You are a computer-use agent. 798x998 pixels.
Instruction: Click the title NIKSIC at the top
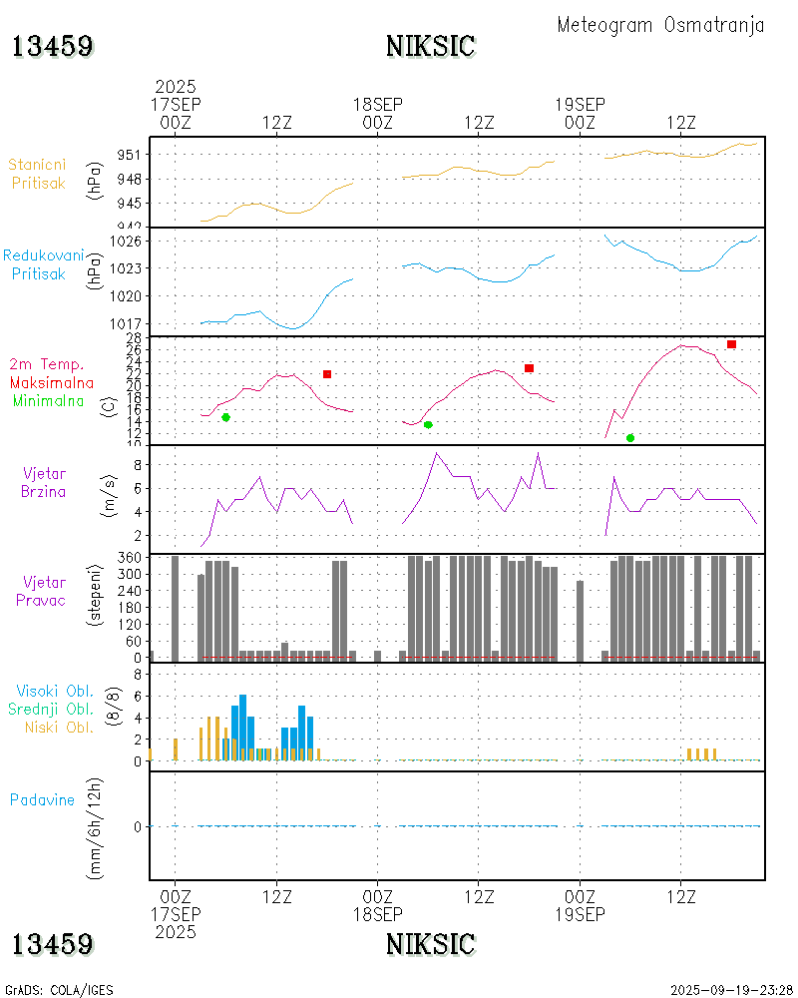tap(430, 46)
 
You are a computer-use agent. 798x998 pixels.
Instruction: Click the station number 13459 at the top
tap(53, 46)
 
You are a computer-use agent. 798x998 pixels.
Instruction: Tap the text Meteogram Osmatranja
tap(660, 25)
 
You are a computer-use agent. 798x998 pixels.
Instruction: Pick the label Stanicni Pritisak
tap(38, 174)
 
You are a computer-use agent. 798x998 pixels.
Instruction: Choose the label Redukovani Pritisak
tap(38, 264)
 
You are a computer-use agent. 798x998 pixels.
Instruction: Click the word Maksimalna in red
tap(52, 382)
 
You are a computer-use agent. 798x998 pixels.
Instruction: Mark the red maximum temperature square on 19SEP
tap(731, 344)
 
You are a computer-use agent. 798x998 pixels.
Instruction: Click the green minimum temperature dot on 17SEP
tap(225, 417)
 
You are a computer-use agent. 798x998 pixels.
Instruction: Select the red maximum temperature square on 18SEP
tap(529, 368)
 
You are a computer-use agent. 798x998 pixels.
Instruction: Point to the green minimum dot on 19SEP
tap(629, 438)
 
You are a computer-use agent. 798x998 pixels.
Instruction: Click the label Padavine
tap(42, 799)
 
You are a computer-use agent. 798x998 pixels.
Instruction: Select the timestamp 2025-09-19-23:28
tap(731, 990)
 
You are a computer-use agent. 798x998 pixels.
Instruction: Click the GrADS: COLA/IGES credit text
tap(59, 990)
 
